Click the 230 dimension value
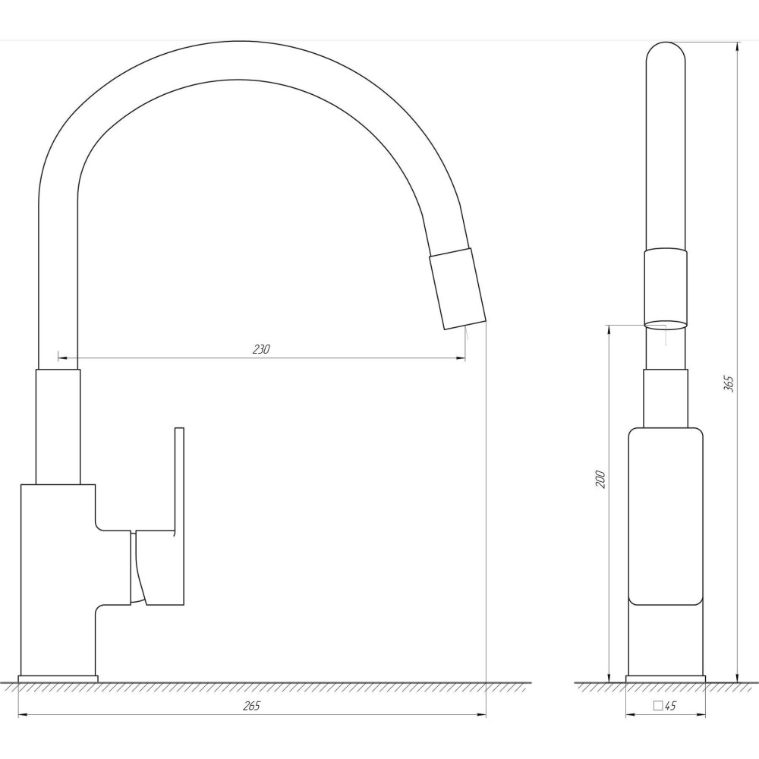coord(261,349)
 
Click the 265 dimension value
coord(251,706)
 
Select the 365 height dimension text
coord(729,383)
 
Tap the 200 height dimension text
coord(600,479)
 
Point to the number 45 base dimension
coord(670,706)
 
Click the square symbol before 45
coord(658,705)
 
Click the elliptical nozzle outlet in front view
coord(666,325)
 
